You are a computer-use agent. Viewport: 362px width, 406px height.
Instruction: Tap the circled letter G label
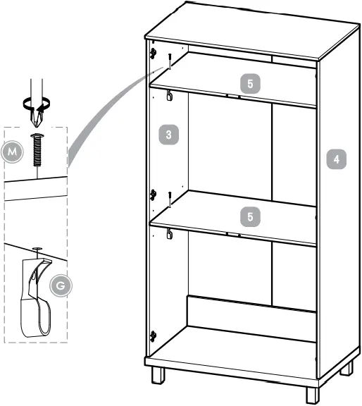pos(61,285)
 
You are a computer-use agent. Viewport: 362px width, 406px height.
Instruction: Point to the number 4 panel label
pos(337,159)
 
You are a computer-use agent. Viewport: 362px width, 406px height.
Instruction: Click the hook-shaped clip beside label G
pos(35,300)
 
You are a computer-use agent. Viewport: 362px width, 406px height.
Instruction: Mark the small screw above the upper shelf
pos(170,62)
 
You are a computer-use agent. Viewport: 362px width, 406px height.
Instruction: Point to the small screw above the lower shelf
pos(170,199)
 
